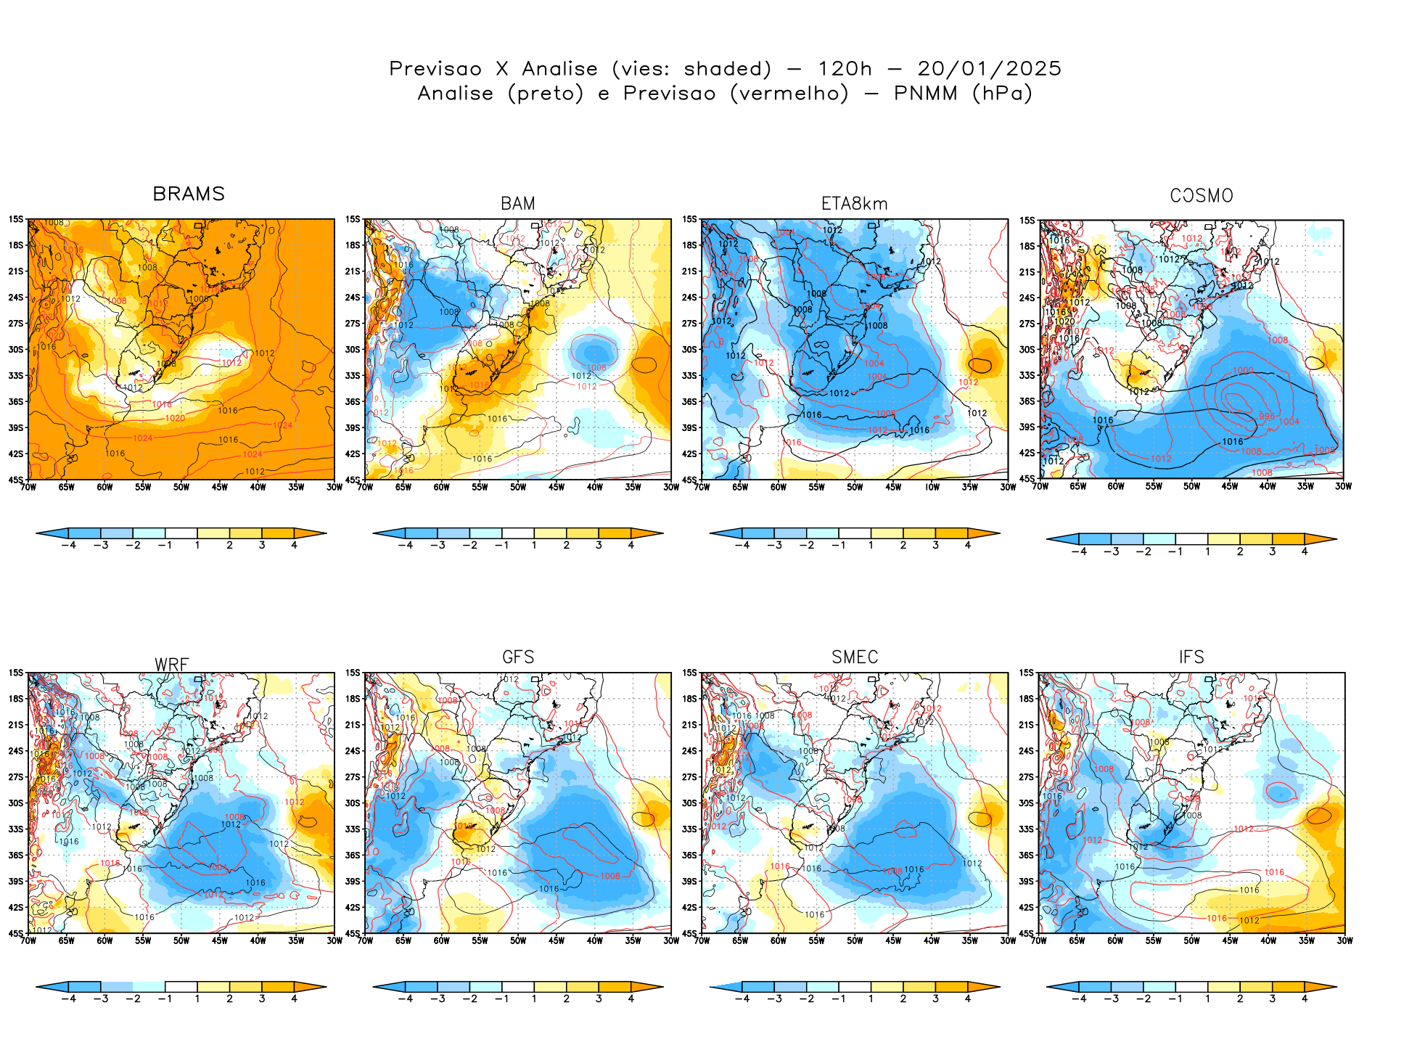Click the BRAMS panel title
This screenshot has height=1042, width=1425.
pyautogui.click(x=189, y=194)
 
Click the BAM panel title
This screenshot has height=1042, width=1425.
pyautogui.click(x=518, y=204)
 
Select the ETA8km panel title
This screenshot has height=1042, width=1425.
pyautogui.click(x=854, y=204)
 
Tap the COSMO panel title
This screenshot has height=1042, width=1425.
pyautogui.click(x=1202, y=196)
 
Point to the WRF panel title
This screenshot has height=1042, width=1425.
pyautogui.click(x=172, y=665)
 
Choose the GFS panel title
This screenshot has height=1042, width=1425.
pyautogui.click(x=518, y=657)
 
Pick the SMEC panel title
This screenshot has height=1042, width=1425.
pyautogui.click(x=855, y=657)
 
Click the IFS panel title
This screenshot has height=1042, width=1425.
pyautogui.click(x=1191, y=657)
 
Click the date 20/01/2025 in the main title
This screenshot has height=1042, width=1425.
pyautogui.click(x=989, y=69)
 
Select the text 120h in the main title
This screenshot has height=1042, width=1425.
pyautogui.click(x=845, y=69)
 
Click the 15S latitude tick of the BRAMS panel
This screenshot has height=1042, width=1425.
pyautogui.click(x=16, y=219)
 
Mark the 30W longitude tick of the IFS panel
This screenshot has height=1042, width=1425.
pyautogui.click(x=1344, y=940)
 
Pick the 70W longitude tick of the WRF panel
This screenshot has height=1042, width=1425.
pyautogui.click(x=28, y=940)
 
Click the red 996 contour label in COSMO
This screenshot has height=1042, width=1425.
pyautogui.click(x=1266, y=417)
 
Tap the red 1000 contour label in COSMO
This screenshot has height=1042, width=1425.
pyautogui.click(x=1243, y=370)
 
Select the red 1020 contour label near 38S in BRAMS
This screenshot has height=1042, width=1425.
pyautogui.click(x=175, y=418)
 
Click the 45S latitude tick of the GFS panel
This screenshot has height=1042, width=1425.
pyautogui.click(x=353, y=933)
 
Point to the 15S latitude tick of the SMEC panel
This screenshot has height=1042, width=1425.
pyautogui.click(x=689, y=673)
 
